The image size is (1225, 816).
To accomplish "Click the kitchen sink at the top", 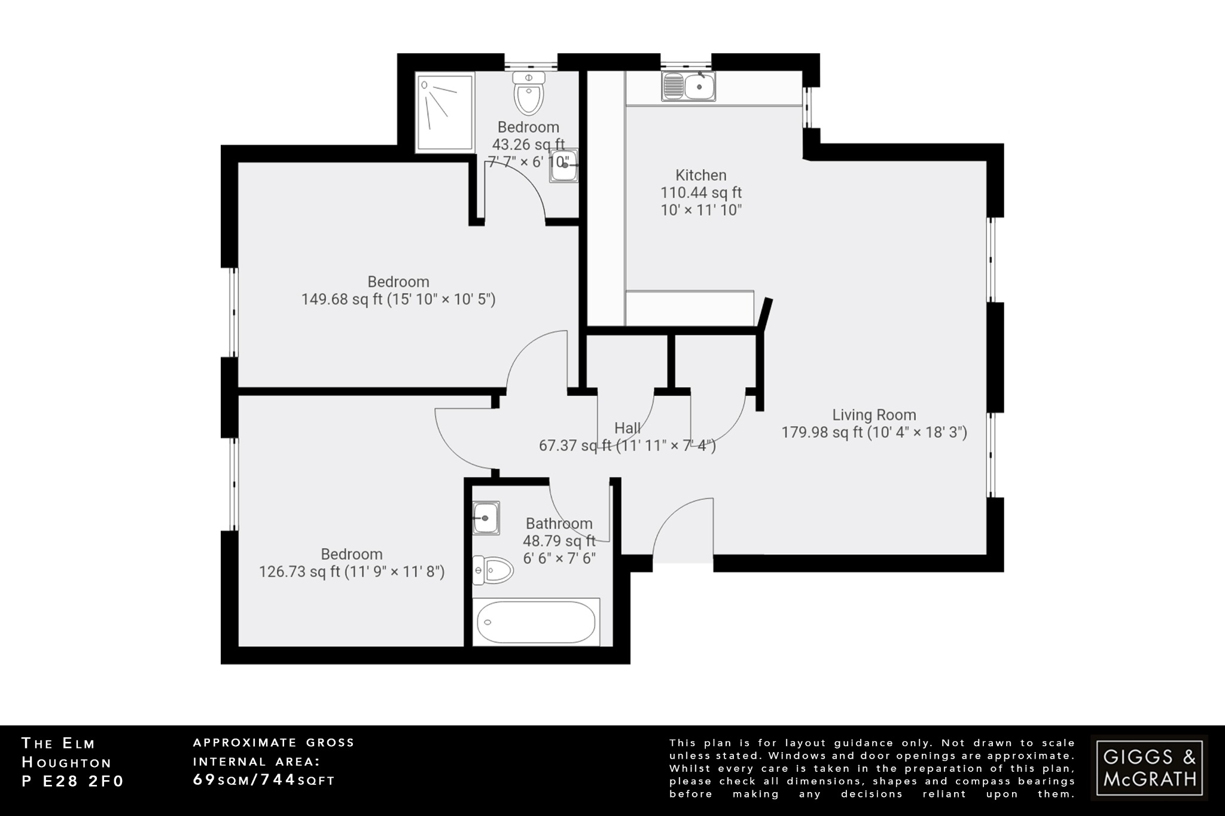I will [688, 86].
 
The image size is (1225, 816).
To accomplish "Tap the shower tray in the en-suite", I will [445, 112].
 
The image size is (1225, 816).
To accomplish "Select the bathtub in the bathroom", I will [536, 622].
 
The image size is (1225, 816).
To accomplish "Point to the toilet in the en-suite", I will [529, 94].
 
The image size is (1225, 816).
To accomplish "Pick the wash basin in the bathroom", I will [485, 518].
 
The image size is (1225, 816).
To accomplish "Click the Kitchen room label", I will [700, 175].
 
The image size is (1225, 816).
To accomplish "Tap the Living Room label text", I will [874, 414].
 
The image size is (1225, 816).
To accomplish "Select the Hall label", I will [627, 428].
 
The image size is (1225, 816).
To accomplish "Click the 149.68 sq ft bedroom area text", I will [341, 299].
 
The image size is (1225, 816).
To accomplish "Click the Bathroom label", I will [559, 524].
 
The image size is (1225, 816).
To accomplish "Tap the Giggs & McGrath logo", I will [1149, 768].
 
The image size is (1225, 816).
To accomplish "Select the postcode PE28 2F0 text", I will [72, 781].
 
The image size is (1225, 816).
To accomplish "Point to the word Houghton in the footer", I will [66, 762].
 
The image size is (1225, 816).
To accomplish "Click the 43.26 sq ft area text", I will [528, 144].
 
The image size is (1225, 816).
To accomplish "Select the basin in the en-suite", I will [563, 165].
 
